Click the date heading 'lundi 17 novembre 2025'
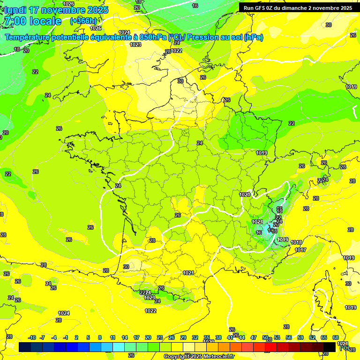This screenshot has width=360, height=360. pos(56,10)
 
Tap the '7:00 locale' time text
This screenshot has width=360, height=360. pos(32,21)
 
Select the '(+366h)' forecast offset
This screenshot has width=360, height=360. pos(83,21)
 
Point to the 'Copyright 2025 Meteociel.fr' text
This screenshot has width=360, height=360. pos(199,356)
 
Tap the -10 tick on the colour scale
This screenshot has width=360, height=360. pos(32,337)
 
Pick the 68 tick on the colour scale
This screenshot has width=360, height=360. pos(336,337)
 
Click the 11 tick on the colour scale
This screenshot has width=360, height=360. pos(112,337)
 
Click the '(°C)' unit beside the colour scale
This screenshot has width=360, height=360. pos(344,348)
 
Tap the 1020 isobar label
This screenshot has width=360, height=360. pos(244,195)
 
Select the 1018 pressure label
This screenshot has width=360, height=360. pos(296,242)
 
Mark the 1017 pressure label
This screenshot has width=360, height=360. pos(300,250)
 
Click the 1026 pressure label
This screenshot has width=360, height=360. pos(68,4)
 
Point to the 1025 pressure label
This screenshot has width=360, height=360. pos(96,28)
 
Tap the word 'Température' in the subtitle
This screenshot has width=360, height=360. pos(28,37)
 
